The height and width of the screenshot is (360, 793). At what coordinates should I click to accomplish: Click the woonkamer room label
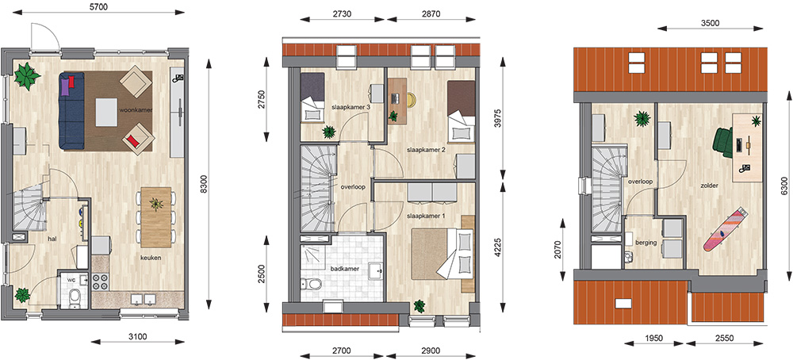136,109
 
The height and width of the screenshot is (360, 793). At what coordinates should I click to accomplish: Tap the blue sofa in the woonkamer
71,110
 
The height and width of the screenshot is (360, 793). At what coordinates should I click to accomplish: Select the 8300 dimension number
204,185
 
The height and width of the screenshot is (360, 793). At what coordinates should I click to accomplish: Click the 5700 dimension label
95,6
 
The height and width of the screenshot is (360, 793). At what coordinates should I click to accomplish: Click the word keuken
151,258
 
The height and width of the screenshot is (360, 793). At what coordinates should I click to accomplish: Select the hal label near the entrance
52,238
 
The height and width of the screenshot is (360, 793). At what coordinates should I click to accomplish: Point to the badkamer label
344,269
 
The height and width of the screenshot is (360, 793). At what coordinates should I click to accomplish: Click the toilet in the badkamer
310,284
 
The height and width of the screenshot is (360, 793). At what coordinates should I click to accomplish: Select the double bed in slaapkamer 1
441,253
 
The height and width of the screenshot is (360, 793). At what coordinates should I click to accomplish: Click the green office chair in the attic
722,142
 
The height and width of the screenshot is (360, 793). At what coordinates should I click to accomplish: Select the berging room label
646,243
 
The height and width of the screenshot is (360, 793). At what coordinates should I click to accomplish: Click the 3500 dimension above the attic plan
711,23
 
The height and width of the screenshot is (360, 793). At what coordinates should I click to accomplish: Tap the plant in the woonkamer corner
27,76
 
